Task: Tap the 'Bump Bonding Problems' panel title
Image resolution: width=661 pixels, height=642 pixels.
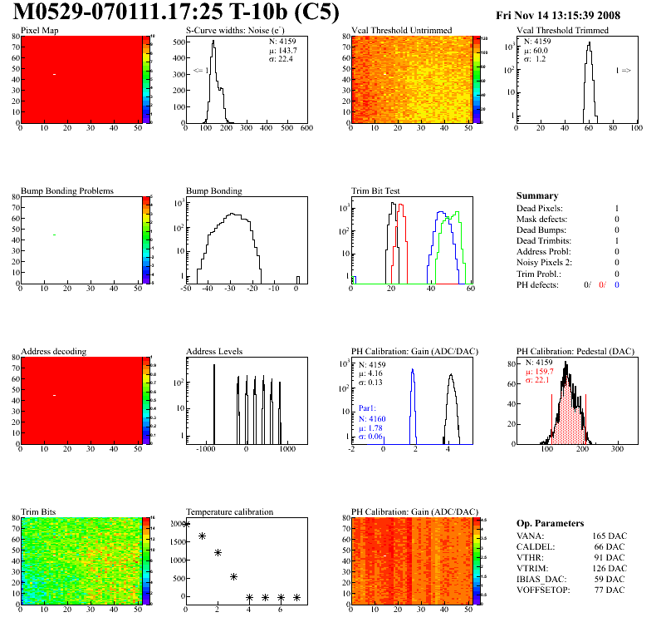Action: [x=66, y=190]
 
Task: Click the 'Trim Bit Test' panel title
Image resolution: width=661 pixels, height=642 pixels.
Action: [x=376, y=190]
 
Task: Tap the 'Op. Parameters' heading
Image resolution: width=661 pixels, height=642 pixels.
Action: [x=547, y=522]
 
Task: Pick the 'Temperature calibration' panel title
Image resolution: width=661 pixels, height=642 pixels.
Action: [x=229, y=511]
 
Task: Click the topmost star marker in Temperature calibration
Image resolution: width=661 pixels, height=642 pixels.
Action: [x=186, y=524]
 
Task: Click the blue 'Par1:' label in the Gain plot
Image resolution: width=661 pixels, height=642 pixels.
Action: [x=369, y=409]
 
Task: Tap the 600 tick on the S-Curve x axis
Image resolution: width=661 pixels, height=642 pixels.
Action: [x=306, y=129]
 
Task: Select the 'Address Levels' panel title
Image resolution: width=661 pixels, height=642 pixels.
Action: [x=214, y=351]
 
